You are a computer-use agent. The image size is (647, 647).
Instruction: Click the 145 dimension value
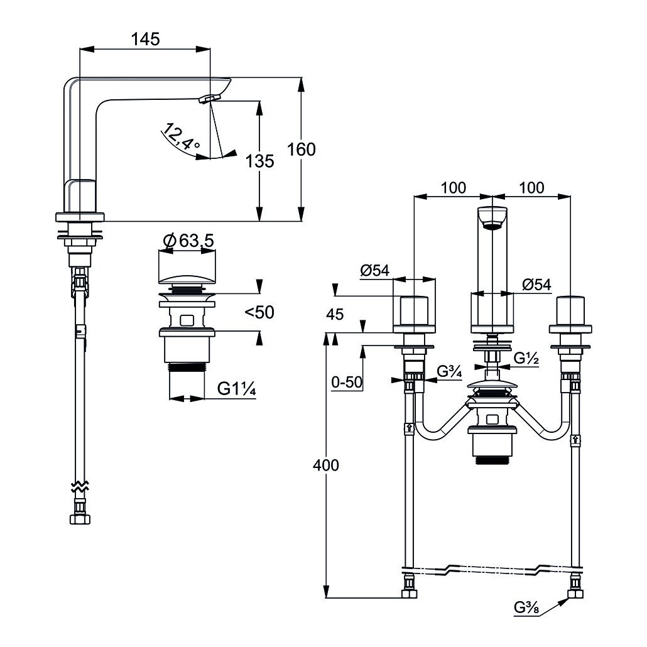point(145,39)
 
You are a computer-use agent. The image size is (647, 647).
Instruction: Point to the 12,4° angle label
point(180,137)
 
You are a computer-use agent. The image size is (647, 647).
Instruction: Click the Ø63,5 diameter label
point(188,241)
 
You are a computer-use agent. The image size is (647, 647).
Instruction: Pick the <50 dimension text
point(259,312)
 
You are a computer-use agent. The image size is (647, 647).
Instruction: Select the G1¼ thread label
point(236,389)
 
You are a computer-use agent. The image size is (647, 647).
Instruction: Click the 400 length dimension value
point(326,465)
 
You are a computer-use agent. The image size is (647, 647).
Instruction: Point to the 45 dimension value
point(335,315)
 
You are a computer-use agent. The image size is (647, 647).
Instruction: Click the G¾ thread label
point(449,372)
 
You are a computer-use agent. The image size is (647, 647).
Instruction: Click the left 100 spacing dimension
point(453,187)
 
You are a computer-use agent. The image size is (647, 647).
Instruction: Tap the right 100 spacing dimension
point(531,187)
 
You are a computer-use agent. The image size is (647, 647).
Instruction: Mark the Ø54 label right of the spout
point(536,285)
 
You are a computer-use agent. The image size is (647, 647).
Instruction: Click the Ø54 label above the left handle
point(375,270)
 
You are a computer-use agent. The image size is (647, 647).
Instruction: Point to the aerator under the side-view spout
point(210,98)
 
